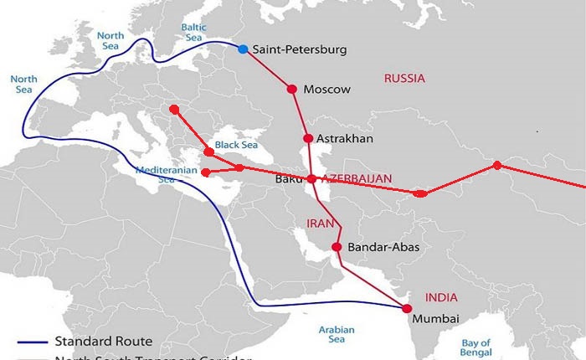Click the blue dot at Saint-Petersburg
[x=243, y=49]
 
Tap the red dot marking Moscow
[x=292, y=89]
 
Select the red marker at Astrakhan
[x=308, y=138]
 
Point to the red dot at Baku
[x=311, y=179]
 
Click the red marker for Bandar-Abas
[x=337, y=247]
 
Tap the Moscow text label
[x=326, y=90]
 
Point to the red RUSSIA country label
[x=404, y=79]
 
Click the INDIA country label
[x=441, y=296]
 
